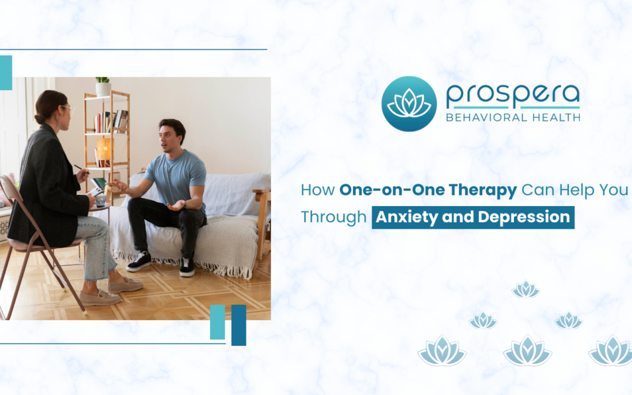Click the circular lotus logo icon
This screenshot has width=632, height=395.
click(x=409, y=104)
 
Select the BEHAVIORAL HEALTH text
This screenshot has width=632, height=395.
click(x=513, y=117)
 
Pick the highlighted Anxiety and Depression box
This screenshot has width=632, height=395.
click(x=473, y=217)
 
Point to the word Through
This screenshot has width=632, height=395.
click(x=333, y=217)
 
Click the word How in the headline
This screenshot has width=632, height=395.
click(x=318, y=190)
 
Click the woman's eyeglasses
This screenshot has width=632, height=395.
click(x=69, y=109)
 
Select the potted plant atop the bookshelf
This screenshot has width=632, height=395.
click(x=103, y=86)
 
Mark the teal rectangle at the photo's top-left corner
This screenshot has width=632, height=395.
click(x=6, y=73)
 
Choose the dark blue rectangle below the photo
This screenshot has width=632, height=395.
click(x=239, y=325)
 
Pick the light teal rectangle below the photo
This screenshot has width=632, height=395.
click(x=217, y=322)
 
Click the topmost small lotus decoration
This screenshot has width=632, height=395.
click(x=525, y=289)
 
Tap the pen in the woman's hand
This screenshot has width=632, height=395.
click(x=77, y=167)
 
